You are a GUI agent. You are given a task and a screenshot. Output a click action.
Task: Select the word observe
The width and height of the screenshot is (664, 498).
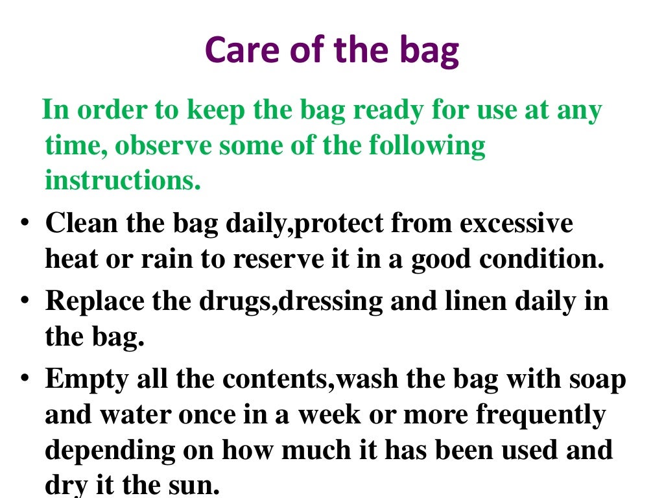click(161, 145)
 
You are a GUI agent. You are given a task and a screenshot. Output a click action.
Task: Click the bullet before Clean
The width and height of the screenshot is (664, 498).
click(24, 224)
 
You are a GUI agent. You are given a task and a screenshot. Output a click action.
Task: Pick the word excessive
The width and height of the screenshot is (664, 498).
click(516, 224)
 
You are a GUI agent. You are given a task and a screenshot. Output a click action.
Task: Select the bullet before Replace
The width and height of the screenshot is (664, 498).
click(24, 302)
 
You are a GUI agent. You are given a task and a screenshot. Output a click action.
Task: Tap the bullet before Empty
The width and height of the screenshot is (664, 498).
click(24, 379)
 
